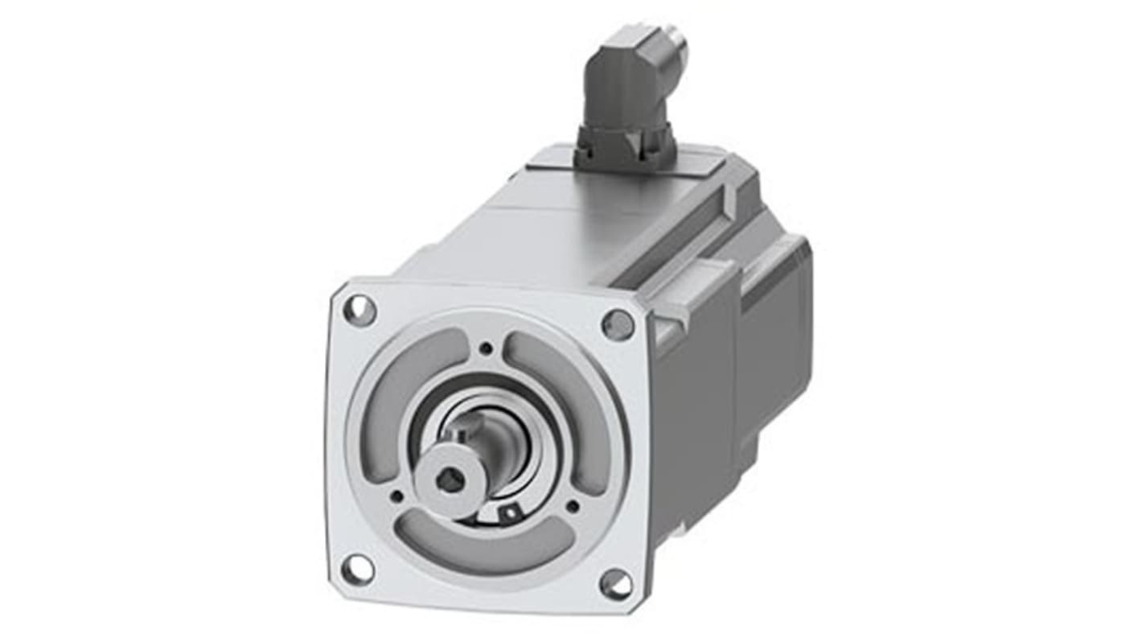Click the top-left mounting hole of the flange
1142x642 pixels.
(359, 310)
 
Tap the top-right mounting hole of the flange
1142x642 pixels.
(618, 324)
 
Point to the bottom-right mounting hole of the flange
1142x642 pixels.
(616, 583)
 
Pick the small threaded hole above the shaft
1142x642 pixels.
(486, 349)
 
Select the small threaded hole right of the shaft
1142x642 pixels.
(572, 507)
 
